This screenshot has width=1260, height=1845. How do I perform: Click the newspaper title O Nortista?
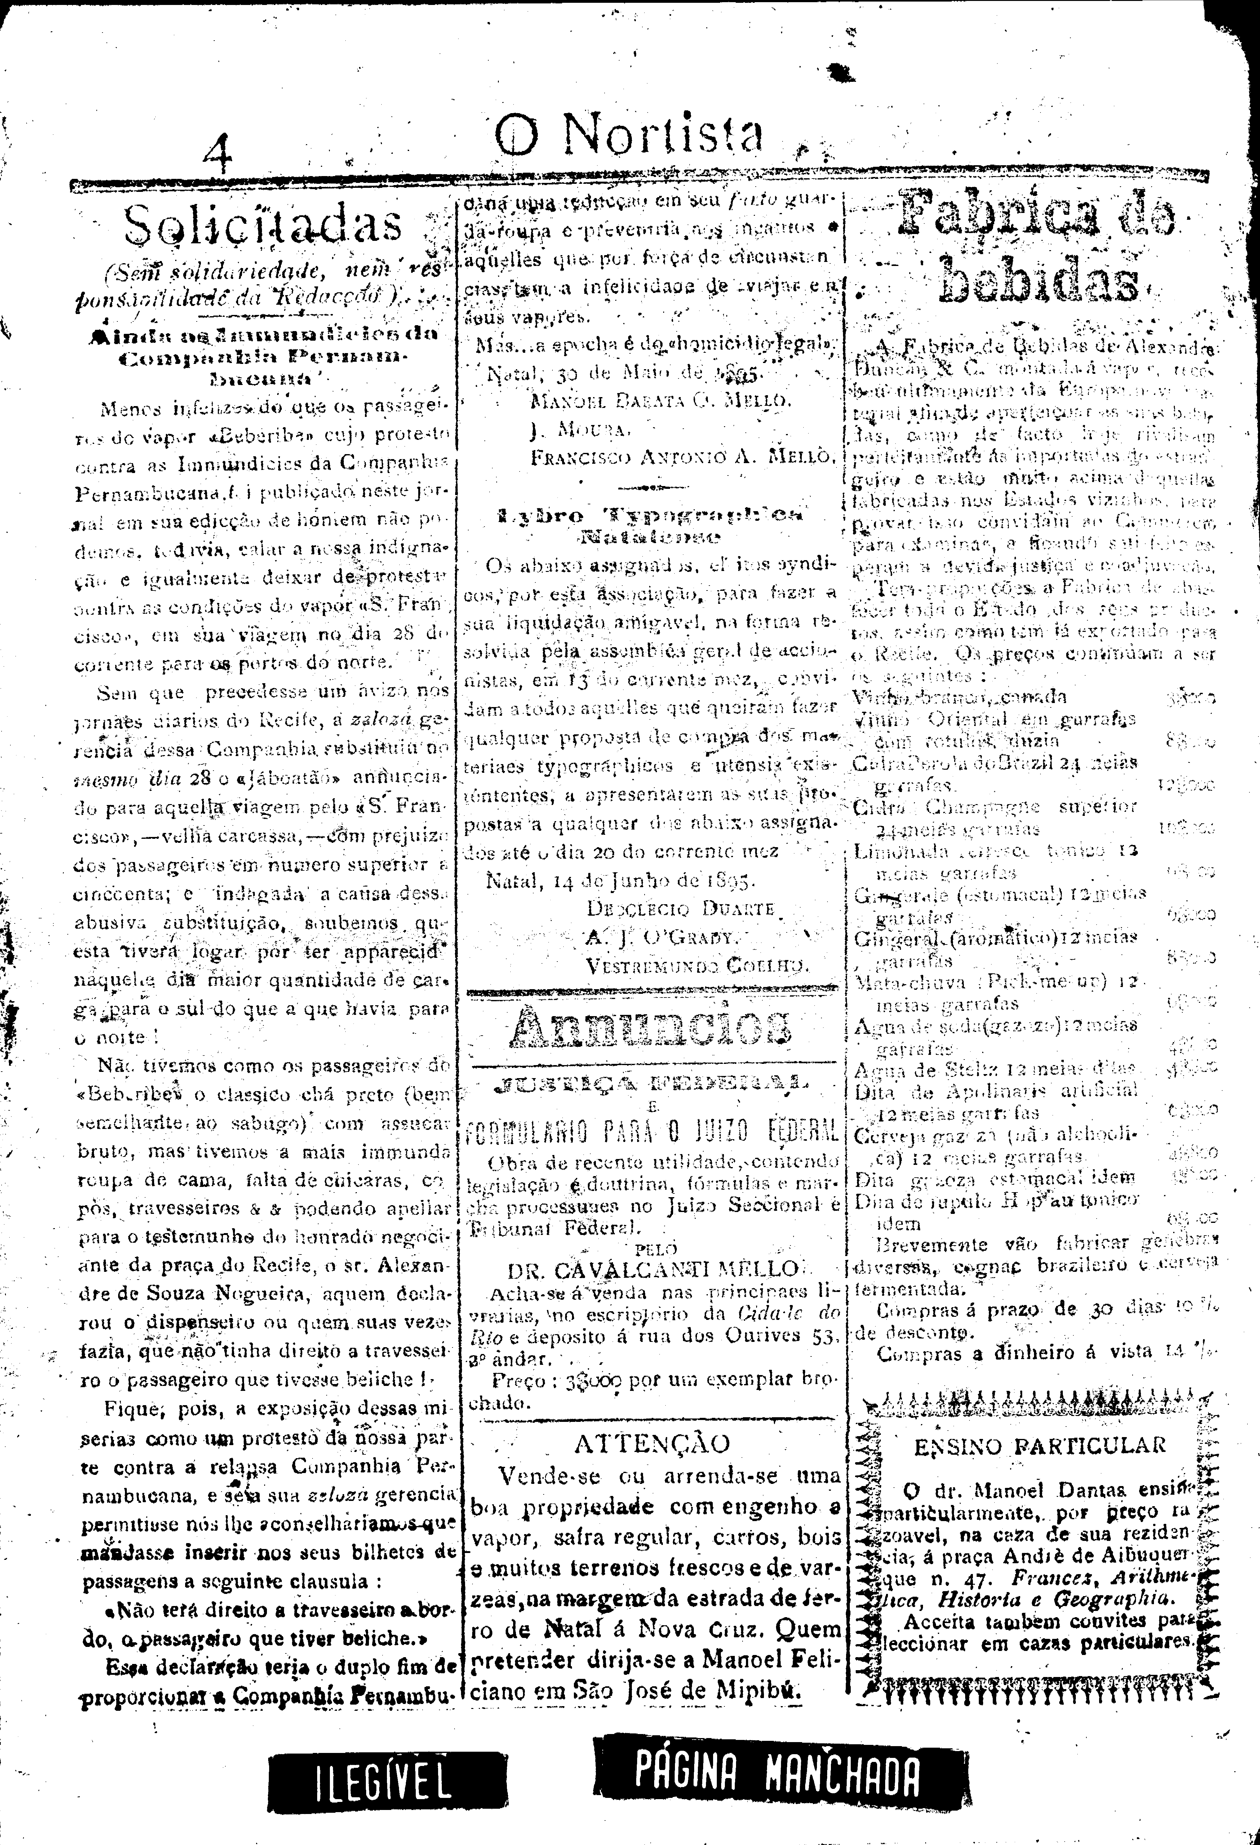click(630, 135)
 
